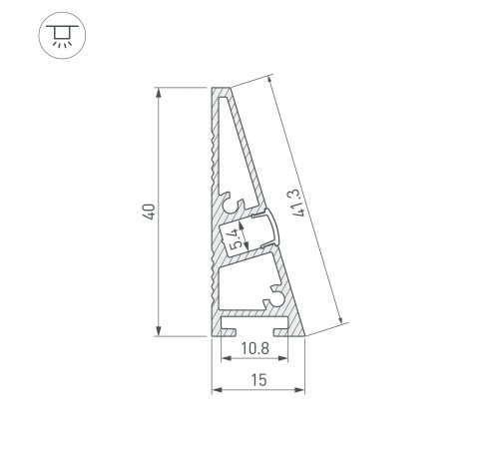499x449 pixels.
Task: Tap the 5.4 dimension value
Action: tap(233, 238)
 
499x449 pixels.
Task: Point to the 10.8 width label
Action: tap(255, 348)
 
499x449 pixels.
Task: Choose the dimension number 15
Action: tap(257, 379)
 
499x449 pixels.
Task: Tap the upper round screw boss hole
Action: tap(239, 205)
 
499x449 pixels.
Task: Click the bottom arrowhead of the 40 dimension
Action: tap(160, 332)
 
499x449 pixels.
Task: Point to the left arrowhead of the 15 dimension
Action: tap(215, 390)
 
